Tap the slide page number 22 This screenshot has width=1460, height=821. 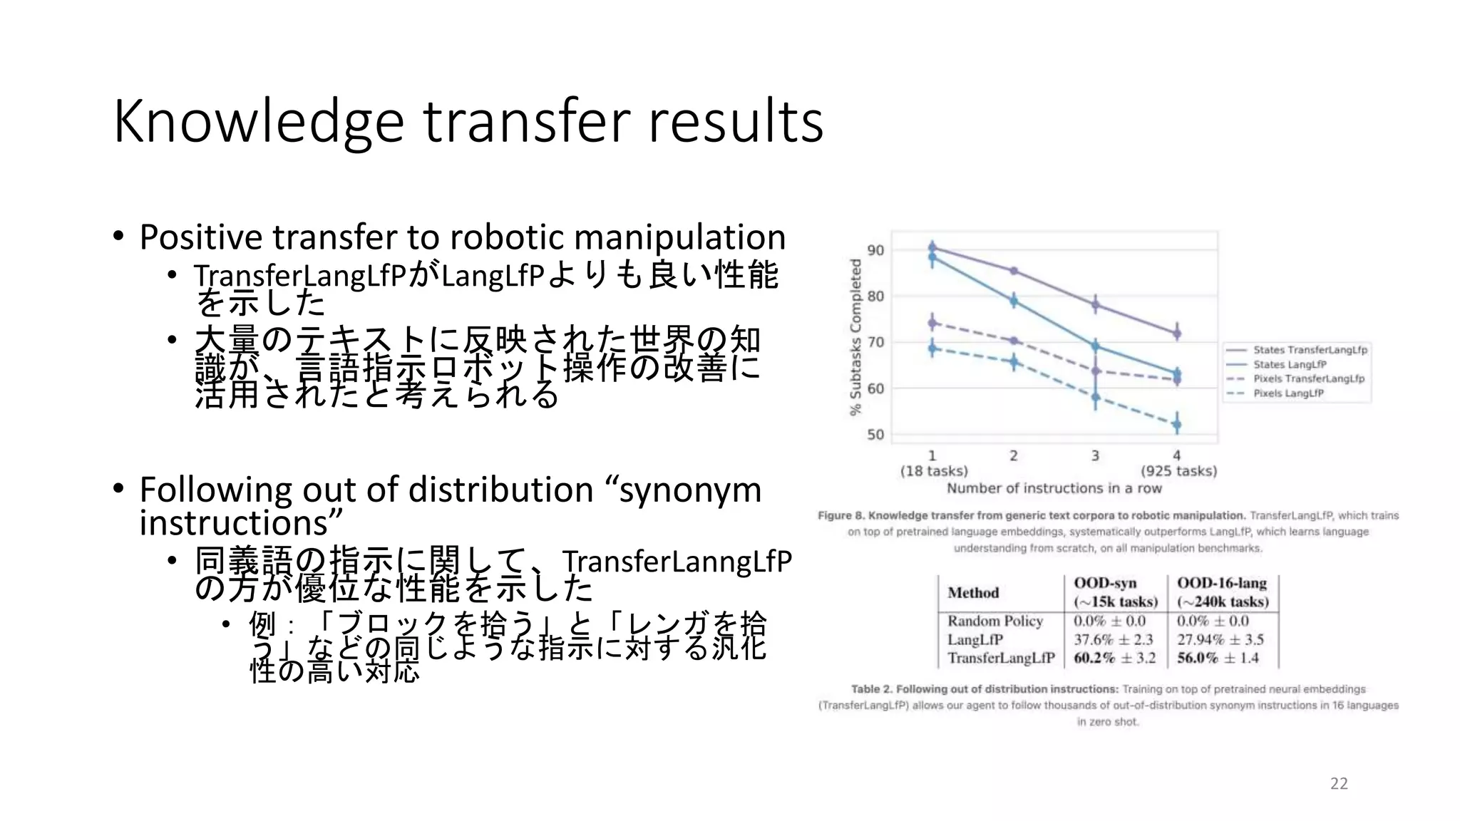[x=1339, y=784]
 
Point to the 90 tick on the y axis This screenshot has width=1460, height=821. [x=875, y=250]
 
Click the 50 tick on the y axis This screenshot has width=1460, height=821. [x=875, y=435]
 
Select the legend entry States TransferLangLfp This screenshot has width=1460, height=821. [x=1310, y=350]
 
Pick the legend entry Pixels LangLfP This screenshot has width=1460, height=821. [x=1288, y=393]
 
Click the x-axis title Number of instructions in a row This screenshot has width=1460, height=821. [x=1054, y=489]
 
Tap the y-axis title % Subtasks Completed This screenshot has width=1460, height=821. [x=855, y=336]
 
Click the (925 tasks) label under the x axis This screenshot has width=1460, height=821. [x=1178, y=471]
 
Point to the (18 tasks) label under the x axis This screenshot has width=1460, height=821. [x=934, y=471]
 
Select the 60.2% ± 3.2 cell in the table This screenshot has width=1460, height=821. [x=1114, y=658]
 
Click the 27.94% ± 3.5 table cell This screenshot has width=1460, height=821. [x=1220, y=639]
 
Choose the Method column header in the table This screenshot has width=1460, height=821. [x=973, y=593]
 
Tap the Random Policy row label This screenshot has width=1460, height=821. [x=995, y=621]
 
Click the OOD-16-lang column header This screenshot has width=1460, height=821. [x=1222, y=583]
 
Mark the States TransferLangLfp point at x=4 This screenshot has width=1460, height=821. [x=1177, y=333]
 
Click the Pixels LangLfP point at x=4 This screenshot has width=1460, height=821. [x=1177, y=425]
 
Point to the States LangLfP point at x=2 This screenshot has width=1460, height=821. [x=1013, y=301]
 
